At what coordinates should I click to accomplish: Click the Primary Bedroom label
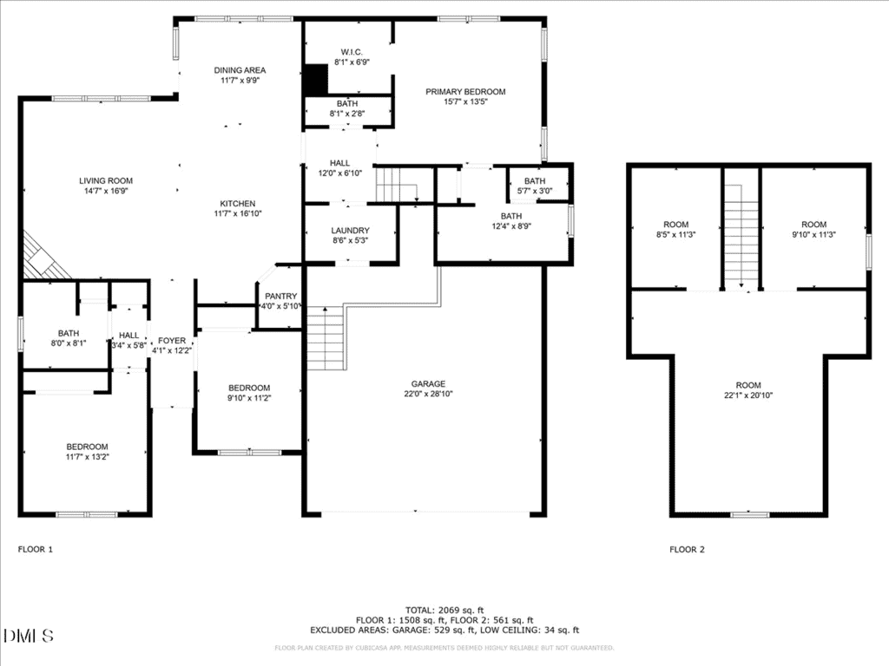click(x=465, y=92)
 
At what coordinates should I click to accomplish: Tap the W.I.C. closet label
click(x=352, y=52)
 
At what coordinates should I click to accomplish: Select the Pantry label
click(x=281, y=297)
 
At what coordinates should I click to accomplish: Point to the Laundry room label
click(x=351, y=231)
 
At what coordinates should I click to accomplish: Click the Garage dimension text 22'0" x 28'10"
click(x=429, y=395)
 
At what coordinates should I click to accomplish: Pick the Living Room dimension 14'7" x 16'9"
click(x=106, y=192)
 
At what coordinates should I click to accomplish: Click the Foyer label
click(x=172, y=340)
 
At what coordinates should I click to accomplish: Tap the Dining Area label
click(x=240, y=70)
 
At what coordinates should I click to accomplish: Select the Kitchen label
click(x=238, y=203)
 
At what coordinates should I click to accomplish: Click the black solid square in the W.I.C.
click(x=316, y=80)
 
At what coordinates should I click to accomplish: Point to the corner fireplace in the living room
click(x=45, y=258)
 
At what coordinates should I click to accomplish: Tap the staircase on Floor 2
click(x=741, y=237)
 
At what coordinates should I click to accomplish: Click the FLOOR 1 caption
click(x=35, y=549)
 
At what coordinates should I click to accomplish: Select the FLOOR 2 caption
click(x=688, y=549)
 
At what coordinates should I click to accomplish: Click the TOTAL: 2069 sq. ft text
click(x=444, y=610)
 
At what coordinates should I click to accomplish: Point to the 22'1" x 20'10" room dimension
click(x=748, y=395)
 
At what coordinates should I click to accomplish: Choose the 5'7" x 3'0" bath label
click(x=535, y=192)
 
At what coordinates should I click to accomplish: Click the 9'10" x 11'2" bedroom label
click(x=249, y=398)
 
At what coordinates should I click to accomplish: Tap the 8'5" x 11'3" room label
click(x=675, y=234)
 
